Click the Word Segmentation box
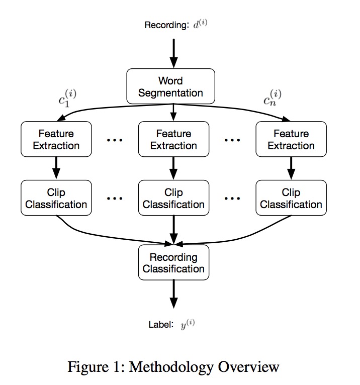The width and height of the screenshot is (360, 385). pyautogui.click(x=170, y=86)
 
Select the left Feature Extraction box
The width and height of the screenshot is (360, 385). pyautogui.click(x=56, y=139)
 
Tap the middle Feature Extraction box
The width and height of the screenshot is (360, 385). pyautogui.click(x=173, y=139)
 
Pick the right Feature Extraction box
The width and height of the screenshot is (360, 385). pyautogui.click(x=291, y=139)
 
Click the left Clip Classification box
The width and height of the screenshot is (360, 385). pyautogui.click(x=56, y=198)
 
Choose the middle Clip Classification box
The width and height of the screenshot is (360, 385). pyautogui.click(x=173, y=198)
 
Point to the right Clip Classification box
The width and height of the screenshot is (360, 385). pyautogui.click(x=291, y=198)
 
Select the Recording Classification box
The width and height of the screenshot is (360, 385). pyautogui.click(x=173, y=262)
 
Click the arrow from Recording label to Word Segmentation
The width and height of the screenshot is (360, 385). pyautogui.click(x=173, y=53)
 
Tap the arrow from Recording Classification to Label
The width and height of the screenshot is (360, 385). pyautogui.click(x=173, y=294)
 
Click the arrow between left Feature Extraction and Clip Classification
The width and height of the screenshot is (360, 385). pyautogui.click(x=56, y=168)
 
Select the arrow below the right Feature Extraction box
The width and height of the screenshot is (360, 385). pyautogui.click(x=291, y=168)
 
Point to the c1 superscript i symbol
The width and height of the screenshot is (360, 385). pyautogui.click(x=67, y=98)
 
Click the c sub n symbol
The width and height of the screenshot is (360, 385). pyautogui.click(x=273, y=98)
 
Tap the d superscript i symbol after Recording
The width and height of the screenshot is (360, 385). pyautogui.click(x=201, y=24)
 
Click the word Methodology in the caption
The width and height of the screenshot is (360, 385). pyautogui.click(x=171, y=367)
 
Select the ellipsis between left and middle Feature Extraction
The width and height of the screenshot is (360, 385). pyautogui.click(x=115, y=140)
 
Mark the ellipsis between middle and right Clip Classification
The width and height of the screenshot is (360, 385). pyautogui.click(x=232, y=199)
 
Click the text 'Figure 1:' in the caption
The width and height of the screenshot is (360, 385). pyautogui.click(x=97, y=367)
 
